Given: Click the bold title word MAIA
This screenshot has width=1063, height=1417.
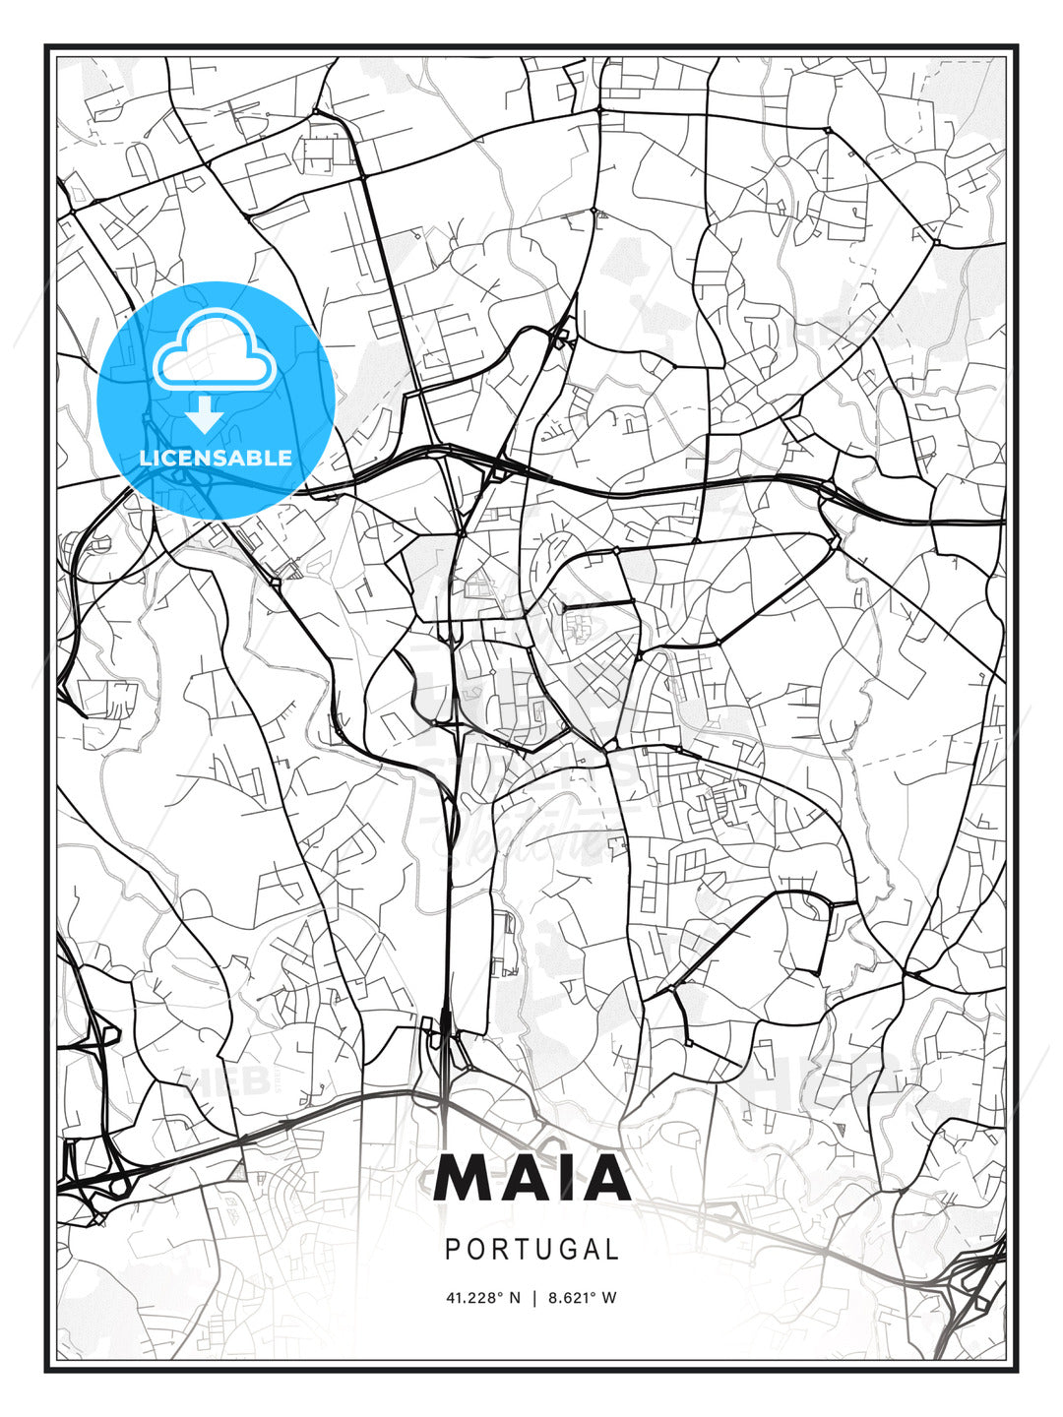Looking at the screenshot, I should point(531,1178).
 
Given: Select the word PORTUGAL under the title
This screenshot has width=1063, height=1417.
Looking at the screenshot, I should point(531,1249).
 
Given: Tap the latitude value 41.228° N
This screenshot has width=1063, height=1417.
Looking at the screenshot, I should point(482,1298).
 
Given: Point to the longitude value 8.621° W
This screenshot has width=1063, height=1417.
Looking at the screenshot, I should point(583,1298).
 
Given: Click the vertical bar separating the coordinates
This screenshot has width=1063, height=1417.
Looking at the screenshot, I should point(534,1298).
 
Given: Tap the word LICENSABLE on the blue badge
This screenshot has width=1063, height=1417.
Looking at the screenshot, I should point(216,458).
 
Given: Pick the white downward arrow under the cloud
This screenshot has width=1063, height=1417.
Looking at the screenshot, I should point(205,415).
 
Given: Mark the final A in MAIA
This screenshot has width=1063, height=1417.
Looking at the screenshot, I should point(599,1178).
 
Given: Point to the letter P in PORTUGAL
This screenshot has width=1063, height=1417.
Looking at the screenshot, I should point(453,1249).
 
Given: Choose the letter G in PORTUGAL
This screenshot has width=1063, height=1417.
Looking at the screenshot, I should point(554,1249).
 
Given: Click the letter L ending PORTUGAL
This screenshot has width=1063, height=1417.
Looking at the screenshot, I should point(612,1249).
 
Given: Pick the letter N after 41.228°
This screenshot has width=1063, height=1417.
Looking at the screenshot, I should point(514,1298).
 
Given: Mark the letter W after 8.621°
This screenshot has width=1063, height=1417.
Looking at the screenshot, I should point(609,1298).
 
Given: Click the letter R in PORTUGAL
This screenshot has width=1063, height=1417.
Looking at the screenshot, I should point(491,1249).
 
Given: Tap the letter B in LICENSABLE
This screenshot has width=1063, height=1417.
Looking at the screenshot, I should point(257,458).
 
